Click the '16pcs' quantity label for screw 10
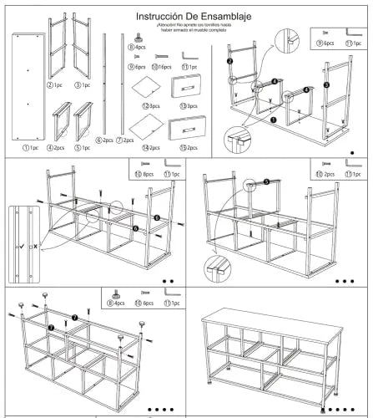(x=164, y=67)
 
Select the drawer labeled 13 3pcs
(x=187, y=89)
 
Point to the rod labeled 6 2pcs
(x=104, y=84)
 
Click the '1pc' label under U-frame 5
(x=87, y=148)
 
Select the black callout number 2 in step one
(x=229, y=61)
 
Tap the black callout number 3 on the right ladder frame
(x=326, y=84)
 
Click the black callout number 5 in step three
(x=266, y=181)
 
